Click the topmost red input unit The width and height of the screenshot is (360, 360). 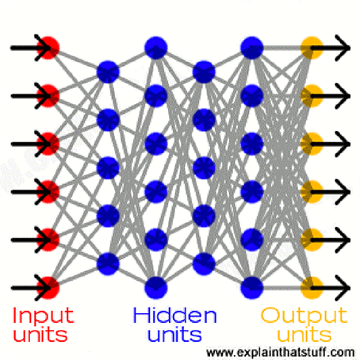tap(48, 48)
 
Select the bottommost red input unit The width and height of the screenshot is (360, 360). tap(48, 288)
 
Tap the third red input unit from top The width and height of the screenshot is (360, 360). tap(48, 144)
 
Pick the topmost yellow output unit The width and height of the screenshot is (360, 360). tap(312, 48)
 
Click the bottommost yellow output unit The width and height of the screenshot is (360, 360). tap(312, 288)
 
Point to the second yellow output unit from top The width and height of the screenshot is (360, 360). tap(312, 96)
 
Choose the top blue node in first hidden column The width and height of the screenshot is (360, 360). tap(108, 72)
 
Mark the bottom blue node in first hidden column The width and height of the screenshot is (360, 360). tap(108, 264)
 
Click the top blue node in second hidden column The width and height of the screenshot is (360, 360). tap(156, 48)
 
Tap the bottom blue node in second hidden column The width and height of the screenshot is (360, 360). tap(156, 288)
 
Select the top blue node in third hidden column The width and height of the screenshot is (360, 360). tap(204, 72)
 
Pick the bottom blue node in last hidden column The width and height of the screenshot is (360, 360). tap(252, 288)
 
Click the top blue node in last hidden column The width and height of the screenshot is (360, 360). tap(252, 48)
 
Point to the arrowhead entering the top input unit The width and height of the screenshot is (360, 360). tap(44, 48)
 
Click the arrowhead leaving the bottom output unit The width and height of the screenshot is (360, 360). tap(343, 288)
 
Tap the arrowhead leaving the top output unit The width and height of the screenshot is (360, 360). tap(343, 48)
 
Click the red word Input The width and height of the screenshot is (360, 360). tap(43, 316)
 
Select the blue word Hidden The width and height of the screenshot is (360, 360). tap(175, 315)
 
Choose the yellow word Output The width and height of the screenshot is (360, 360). tap(304, 316)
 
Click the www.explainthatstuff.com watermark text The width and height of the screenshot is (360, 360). tap(281, 352)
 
